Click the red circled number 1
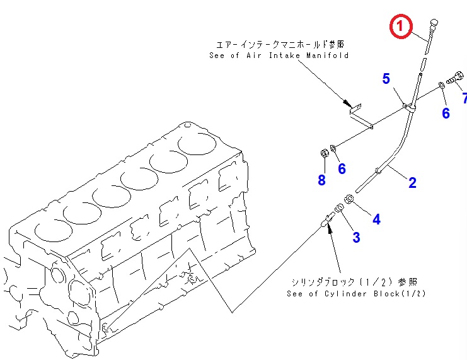(x=401, y=26)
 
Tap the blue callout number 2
(x=412, y=183)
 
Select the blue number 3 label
(x=356, y=238)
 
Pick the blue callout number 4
(x=376, y=219)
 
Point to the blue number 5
(x=386, y=79)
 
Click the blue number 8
(x=321, y=180)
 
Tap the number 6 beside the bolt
(x=446, y=113)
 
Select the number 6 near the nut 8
(x=342, y=169)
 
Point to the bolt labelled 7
(x=455, y=77)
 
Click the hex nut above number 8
(x=325, y=153)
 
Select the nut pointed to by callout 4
(x=349, y=199)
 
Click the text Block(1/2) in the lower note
(x=400, y=294)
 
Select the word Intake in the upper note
(x=284, y=55)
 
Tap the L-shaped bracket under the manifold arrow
(x=360, y=116)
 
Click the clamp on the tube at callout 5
(x=410, y=107)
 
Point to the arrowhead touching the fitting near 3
(x=330, y=229)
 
